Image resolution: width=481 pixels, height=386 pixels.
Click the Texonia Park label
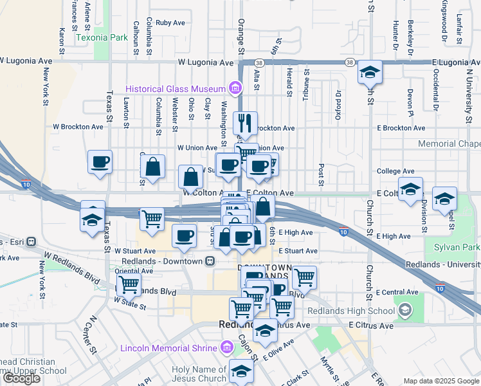tap(102, 37)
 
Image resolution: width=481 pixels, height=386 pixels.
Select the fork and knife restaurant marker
tap(245, 122)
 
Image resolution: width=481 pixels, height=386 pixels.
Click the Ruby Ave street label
tap(170, 23)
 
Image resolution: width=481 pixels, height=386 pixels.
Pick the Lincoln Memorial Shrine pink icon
tap(226, 348)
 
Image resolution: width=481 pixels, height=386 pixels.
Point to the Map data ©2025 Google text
tap(440, 381)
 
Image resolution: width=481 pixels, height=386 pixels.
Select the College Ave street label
tap(395, 171)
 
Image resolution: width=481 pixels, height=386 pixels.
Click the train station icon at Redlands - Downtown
tap(210, 261)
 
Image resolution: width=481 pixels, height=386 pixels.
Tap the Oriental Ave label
tap(134, 271)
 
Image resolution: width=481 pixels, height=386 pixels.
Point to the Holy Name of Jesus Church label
tap(199, 374)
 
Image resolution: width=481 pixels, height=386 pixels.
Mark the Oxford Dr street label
tap(337, 99)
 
